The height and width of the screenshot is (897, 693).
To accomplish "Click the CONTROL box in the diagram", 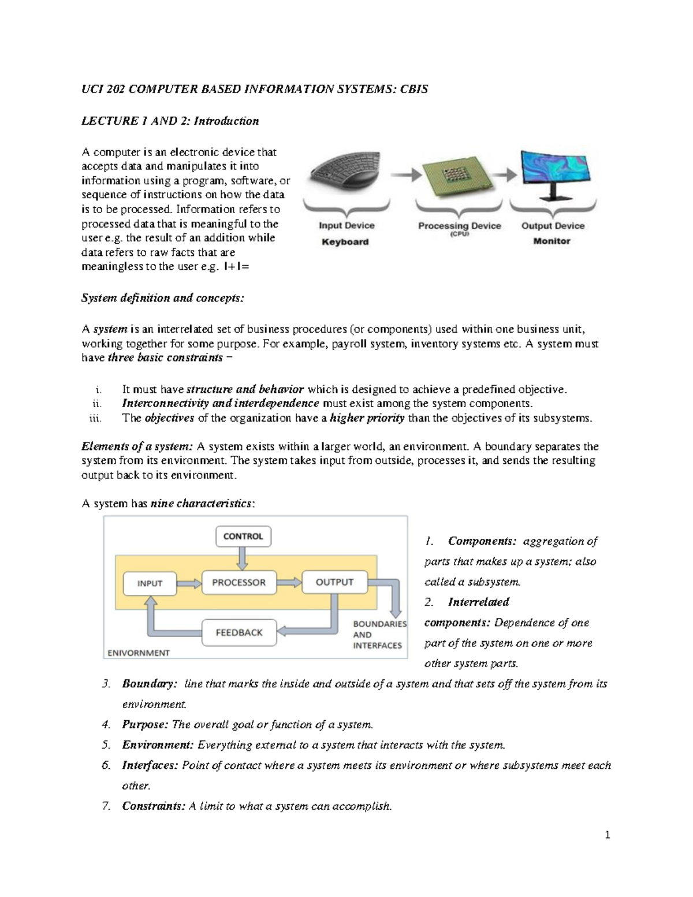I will pos(243,536).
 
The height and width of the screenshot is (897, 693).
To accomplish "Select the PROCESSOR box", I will pos(239,582).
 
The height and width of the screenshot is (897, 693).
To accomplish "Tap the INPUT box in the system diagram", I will pos(150,583).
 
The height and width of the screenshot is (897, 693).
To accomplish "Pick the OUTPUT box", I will pos(334,582).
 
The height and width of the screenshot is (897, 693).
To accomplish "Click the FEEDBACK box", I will pos(239,632).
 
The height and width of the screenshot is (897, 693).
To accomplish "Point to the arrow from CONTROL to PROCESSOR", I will pos(243,557).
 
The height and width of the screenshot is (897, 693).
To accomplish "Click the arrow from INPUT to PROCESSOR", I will pos(188,583).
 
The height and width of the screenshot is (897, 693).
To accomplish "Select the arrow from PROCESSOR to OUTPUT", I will pos(289,582).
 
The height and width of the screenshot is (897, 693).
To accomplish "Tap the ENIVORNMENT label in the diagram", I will pos(139,653).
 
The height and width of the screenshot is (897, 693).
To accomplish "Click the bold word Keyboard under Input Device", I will pos(345,242).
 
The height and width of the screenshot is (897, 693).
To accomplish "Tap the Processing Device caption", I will pos(459,226).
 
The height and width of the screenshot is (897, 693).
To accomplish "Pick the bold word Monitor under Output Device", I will pos(552,241).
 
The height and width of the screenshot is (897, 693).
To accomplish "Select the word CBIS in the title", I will pos(413,90).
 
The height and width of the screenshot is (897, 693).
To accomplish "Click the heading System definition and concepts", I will pos(163,298).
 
